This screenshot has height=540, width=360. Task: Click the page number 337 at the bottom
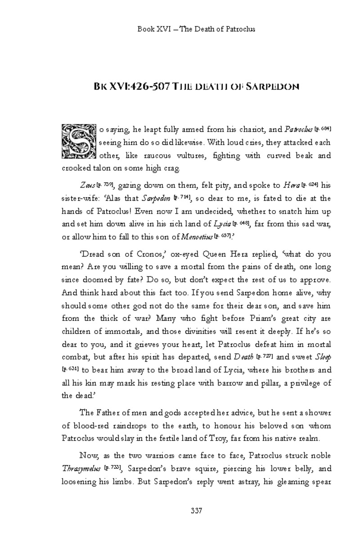(196, 510)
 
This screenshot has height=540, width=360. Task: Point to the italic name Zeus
(87, 185)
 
